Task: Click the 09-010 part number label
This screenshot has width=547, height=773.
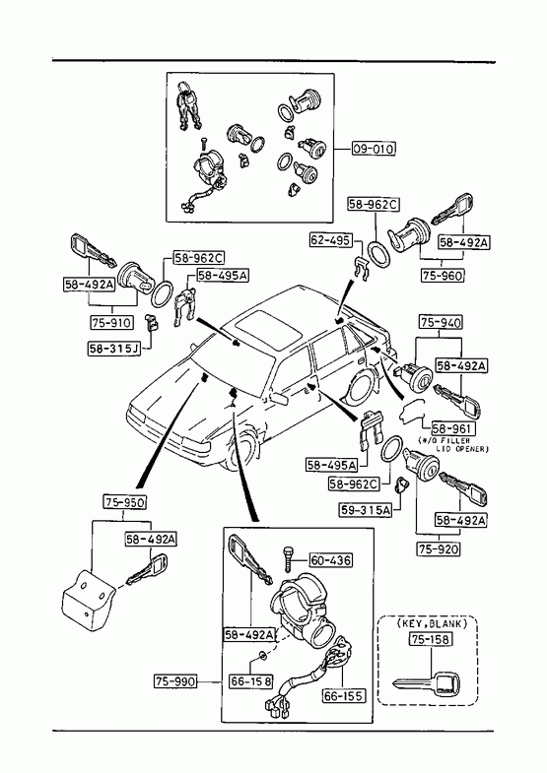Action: [x=374, y=149]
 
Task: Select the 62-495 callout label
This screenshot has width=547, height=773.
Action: [x=331, y=240]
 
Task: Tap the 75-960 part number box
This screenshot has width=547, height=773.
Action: [x=443, y=275]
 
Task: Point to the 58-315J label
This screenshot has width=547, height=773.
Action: [x=114, y=349]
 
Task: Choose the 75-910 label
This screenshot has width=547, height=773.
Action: [x=112, y=322]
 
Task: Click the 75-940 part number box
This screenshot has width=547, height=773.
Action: [x=441, y=322]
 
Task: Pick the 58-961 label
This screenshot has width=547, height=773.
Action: [x=453, y=428]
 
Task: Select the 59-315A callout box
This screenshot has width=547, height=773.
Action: [x=366, y=510]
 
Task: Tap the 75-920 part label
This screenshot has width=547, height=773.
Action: [x=439, y=548]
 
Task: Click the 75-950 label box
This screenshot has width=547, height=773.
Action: [x=125, y=502]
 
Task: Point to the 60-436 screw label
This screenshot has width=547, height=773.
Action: [x=331, y=560]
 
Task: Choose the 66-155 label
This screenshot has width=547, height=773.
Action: [x=344, y=695]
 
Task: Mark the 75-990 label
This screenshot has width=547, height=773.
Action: [x=175, y=681]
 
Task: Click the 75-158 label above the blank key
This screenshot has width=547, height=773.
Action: [x=430, y=639]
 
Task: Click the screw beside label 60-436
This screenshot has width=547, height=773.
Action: [x=288, y=559]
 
